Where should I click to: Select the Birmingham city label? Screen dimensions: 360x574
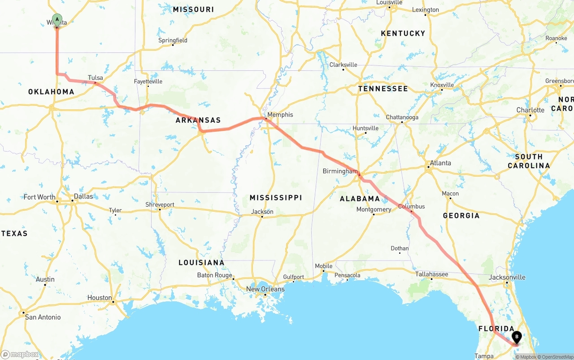pos(340,171)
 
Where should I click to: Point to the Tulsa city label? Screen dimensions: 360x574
pos(96,78)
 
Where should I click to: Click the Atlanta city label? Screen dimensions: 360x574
pos(440,163)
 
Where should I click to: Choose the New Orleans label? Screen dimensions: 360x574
pos(265,289)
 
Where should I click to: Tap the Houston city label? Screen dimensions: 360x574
pos(100,298)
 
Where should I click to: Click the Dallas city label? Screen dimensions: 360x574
pos(83,196)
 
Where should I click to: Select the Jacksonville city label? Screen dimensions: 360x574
pos(507,277)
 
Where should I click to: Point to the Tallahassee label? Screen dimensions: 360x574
pos(431,274)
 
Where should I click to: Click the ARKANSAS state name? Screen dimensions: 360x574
pos(198,120)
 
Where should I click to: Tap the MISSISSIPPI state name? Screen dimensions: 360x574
pos(276,198)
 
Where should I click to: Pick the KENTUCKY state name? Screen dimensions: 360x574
pos(403,34)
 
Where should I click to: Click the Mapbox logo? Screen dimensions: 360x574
pos(20,354)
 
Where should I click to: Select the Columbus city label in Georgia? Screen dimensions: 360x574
pos(411,207)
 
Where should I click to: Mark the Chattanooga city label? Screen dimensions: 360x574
pos(402,117)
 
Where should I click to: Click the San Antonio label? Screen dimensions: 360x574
pos(43,317)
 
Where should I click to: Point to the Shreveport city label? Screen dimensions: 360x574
pos(160,204)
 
